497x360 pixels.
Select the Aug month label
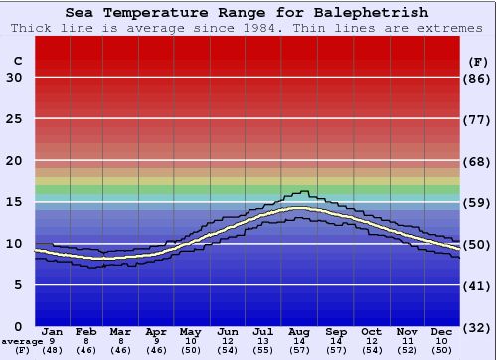click(298, 331)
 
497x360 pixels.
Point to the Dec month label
click(442, 331)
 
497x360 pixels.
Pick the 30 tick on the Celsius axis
click(14, 78)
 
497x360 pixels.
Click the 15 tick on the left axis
click(14, 202)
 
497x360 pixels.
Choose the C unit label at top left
click(16, 61)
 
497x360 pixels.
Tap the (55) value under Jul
click(262, 351)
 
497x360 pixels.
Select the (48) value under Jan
click(52, 351)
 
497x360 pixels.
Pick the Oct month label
click(371, 331)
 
